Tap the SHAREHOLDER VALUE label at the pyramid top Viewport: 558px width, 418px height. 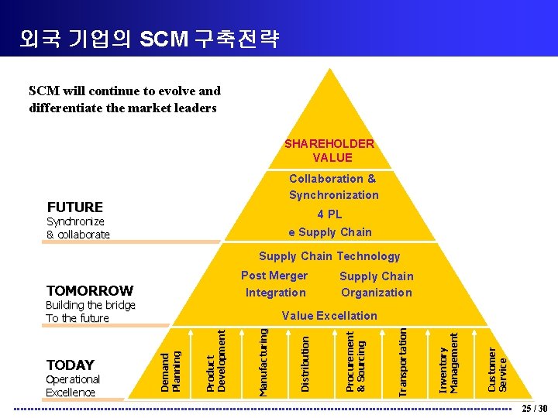(x=329, y=151)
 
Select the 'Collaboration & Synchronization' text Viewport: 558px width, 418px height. (x=334, y=187)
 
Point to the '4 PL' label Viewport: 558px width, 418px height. (x=329, y=214)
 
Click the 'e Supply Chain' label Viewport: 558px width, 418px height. (x=329, y=232)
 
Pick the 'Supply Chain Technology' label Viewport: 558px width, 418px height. (x=329, y=256)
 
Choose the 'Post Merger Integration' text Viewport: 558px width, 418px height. (x=275, y=284)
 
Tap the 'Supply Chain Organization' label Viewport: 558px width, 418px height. (x=377, y=284)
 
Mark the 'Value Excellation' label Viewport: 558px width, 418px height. (x=329, y=316)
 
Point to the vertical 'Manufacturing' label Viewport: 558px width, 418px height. (x=263, y=362)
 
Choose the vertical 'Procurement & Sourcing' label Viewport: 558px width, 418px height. (x=355, y=361)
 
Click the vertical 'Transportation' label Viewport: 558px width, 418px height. (x=401, y=361)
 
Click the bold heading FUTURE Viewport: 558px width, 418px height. (x=75, y=207)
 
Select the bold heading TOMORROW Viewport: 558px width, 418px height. (x=89, y=291)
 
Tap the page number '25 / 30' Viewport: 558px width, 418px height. (x=534, y=409)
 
